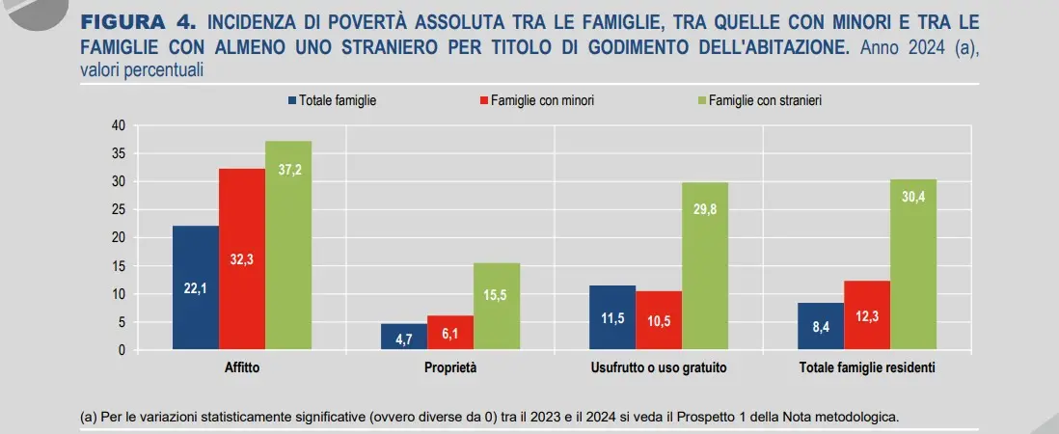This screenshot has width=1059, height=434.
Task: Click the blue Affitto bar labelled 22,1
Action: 196,287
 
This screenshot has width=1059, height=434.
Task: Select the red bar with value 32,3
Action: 242,258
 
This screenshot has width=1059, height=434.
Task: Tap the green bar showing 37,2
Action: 288,245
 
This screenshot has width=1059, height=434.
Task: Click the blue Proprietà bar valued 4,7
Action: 404,337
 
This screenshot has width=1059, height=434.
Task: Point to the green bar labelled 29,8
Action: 705,266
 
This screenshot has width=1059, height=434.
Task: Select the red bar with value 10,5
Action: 659,320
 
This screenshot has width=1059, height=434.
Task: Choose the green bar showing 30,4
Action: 913,264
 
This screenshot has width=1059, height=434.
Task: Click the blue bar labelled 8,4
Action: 821,326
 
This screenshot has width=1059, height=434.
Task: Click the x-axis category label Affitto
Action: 242,368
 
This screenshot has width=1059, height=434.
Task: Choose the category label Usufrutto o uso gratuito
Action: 659,368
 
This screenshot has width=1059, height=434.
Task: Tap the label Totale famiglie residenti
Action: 867,368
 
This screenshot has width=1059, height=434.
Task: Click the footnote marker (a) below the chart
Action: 89,418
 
